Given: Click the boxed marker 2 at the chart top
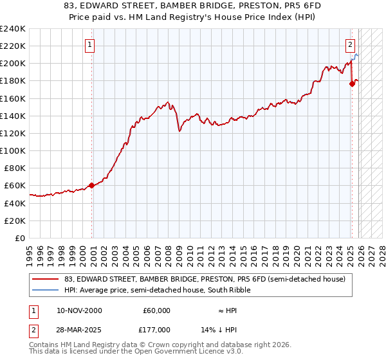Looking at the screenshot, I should tap(350, 45).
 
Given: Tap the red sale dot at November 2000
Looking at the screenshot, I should tap(91, 185).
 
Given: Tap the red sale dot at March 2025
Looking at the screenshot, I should tap(352, 84).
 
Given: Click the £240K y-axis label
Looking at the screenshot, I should tap(13, 29).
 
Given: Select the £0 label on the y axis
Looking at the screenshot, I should tap(21, 238).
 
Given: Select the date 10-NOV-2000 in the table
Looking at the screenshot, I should tap(79, 310).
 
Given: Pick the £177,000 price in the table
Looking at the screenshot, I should tap(156, 329).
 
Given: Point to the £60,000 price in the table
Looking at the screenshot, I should tap(156, 310).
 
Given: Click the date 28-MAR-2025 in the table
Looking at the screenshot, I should tap(79, 329).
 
